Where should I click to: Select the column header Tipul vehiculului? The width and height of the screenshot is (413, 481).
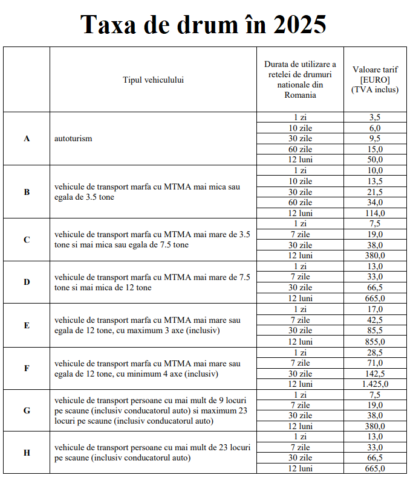153,79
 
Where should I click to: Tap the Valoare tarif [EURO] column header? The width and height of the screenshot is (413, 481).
375,79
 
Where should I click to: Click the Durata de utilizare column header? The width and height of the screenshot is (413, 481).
301,79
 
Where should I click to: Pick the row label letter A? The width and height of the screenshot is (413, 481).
27,138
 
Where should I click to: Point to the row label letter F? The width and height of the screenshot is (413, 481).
27,368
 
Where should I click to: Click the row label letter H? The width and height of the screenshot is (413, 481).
27,453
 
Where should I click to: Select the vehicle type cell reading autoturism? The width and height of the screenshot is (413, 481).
73,138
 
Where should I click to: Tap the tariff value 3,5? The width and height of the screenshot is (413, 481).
375,117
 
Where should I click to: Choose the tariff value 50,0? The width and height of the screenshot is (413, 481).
375,159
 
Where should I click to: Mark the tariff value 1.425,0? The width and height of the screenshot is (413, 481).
375,384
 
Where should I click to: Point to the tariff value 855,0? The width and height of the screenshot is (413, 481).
375,342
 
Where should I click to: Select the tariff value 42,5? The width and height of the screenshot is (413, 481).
375,320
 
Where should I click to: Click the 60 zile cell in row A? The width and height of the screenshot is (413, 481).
301,149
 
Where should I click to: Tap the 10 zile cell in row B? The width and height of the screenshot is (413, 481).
301,181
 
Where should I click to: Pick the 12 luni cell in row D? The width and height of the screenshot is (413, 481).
301,298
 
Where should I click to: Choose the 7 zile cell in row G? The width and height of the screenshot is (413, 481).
301,405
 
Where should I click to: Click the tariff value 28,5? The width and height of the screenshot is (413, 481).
375,352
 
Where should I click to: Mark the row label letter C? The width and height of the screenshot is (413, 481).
27,240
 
